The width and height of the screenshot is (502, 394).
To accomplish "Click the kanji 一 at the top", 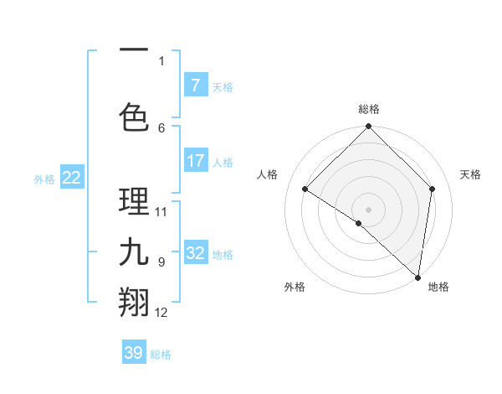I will click(x=134, y=50).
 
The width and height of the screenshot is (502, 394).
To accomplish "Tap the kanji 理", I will click(x=134, y=202).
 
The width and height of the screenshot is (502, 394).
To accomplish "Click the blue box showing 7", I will click(x=195, y=85).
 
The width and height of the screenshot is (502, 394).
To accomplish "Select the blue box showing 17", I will click(x=195, y=160).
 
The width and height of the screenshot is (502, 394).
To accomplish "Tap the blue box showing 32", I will click(x=195, y=253).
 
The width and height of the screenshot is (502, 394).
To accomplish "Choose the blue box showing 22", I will click(x=72, y=177).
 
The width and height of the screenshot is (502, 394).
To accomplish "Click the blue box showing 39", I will click(x=134, y=353).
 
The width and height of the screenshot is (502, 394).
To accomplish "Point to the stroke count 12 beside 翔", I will click(x=161, y=313).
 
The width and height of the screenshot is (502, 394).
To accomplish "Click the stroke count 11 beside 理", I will click(x=161, y=211).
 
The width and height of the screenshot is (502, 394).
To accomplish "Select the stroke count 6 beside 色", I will click(x=161, y=127).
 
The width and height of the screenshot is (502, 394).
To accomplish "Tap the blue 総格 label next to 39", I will click(x=161, y=355).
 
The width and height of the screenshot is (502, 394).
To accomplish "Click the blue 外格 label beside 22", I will click(x=44, y=179).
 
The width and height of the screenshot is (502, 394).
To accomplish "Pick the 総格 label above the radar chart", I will click(x=369, y=109).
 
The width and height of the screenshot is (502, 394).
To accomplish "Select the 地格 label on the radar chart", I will click(x=438, y=287).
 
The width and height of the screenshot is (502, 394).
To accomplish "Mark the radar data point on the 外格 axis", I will click(x=358, y=223).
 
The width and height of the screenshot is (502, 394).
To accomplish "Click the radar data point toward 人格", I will click(x=305, y=189).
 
